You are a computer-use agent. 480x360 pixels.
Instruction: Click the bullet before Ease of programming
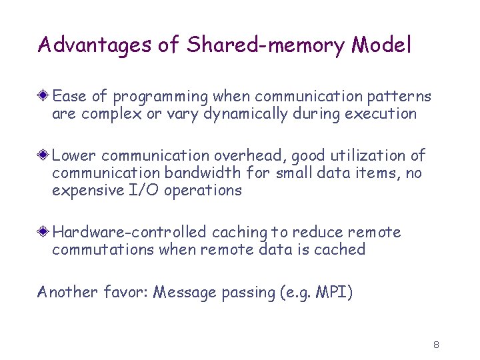44,97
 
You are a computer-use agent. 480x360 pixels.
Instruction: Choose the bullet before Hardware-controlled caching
44,232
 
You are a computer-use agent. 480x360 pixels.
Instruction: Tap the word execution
381,113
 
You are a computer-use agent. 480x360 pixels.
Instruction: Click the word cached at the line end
342,249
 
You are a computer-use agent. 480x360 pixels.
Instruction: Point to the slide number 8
435,345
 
